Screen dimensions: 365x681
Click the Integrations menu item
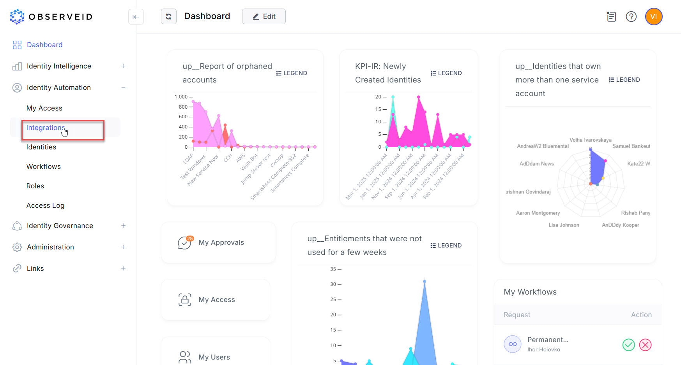tap(45, 128)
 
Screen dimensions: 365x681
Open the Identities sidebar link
tap(41, 147)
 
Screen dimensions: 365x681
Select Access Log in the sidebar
tap(45, 205)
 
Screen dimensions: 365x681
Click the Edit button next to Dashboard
tap(264, 16)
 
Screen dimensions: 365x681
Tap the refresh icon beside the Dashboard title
tap(169, 16)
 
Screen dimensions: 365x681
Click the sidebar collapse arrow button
tap(136, 17)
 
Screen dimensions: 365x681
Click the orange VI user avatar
tap(654, 17)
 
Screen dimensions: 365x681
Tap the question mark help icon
tap(631, 17)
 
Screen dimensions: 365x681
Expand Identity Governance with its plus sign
tap(123, 226)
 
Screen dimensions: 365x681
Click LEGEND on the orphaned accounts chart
tap(292, 73)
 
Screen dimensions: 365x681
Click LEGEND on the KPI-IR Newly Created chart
tap(446, 73)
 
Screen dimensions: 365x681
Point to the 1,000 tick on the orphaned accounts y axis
tap(181, 97)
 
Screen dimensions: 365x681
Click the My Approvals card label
tap(221, 242)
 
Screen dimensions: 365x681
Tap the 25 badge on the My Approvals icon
tap(190, 239)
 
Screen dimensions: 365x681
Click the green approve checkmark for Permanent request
tap(628, 345)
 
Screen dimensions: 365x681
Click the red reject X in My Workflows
tap(645, 345)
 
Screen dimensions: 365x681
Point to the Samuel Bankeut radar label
tap(631, 146)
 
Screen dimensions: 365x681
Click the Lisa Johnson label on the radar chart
tap(564, 225)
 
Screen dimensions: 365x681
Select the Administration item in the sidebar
tap(50, 247)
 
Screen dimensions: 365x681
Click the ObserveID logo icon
tap(17, 17)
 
